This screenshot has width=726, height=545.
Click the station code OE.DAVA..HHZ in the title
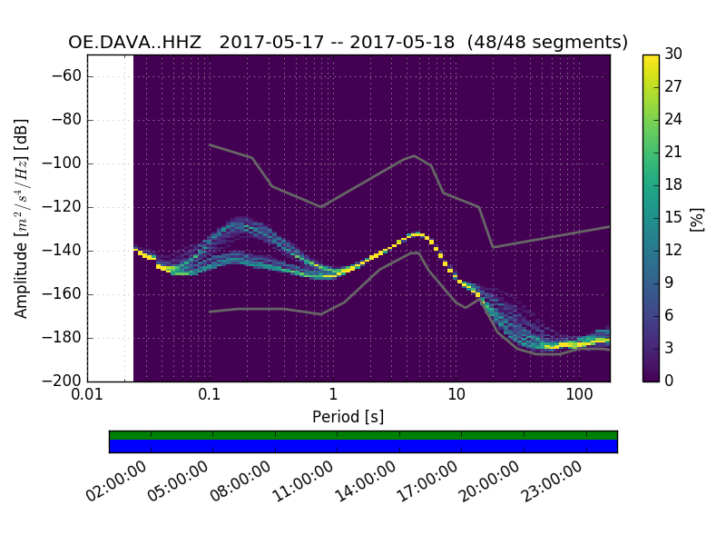click(134, 43)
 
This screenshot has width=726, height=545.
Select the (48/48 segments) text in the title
click(548, 43)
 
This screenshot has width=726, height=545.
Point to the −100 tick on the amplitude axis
click(65, 163)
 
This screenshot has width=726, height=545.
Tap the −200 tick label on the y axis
click(65, 381)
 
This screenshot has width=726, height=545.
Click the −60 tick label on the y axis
click(69, 76)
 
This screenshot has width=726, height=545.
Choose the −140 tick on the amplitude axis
click(65, 251)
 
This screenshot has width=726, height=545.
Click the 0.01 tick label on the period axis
click(87, 395)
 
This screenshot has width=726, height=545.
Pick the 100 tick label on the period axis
click(579, 395)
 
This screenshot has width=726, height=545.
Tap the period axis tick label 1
click(333, 395)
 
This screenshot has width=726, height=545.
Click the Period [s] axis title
click(348, 417)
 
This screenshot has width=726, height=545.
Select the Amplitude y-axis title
click(22, 218)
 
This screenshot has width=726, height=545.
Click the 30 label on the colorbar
click(674, 54)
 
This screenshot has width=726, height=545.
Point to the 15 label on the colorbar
click(674, 218)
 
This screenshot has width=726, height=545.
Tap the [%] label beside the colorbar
click(697, 218)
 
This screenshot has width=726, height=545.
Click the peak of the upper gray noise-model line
click(415, 155)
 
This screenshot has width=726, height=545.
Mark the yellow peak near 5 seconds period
click(417, 234)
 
